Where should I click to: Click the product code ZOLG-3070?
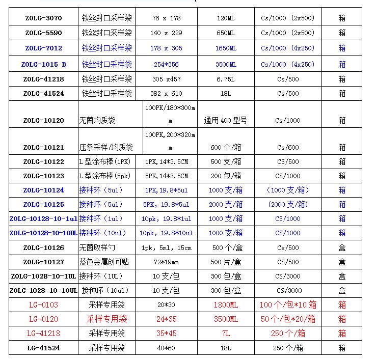pyautogui.click(x=43, y=18)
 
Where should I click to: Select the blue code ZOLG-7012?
pyautogui.click(x=43, y=48)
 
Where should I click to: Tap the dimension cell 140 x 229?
pyautogui.click(x=166, y=33)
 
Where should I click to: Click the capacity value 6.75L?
pyautogui.click(x=226, y=79)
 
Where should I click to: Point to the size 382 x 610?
pyautogui.click(x=166, y=94)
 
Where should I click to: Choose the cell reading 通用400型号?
pyautogui.click(x=226, y=121)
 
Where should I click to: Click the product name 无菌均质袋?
pyautogui.click(x=97, y=121)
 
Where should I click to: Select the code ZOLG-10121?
pyautogui.click(x=43, y=148)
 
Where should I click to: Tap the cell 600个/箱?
pyautogui.click(x=226, y=148)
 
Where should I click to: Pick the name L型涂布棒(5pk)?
pyautogui.click(x=104, y=176)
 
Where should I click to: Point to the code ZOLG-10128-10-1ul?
pyautogui.click(x=43, y=219)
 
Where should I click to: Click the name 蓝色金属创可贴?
pyautogui.click(x=104, y=262)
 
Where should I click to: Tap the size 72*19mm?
pyautogui.click(x=166, y=262)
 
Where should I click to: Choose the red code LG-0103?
pyautogui.click(x=43, y=305)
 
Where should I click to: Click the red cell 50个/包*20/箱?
pyautogui.click(x=288, y=319)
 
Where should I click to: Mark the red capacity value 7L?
pyautogui.click(x=226, y=334)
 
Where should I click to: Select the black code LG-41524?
pyautogui.click(x=43, y=348)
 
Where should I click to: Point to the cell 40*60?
pyautogui.click(x=166, y=348)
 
